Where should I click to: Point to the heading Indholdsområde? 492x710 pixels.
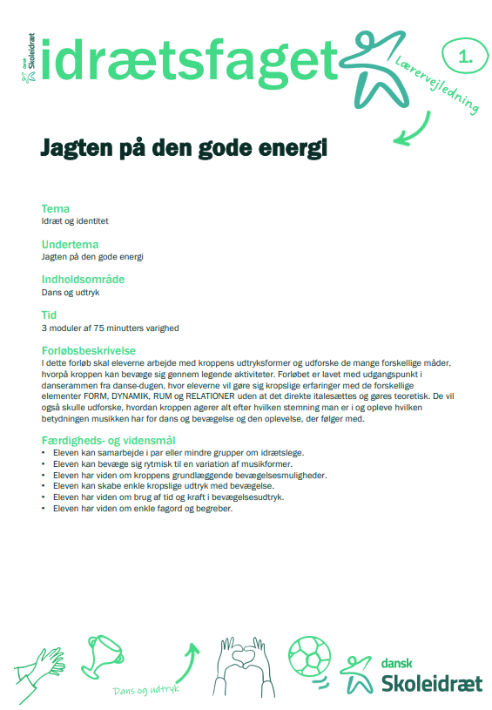click(83, 280)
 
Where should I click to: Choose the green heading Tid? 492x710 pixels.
click(50, 315)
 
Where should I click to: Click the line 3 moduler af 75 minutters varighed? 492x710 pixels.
click(110, 328)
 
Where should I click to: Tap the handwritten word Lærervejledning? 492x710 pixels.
click(438, 85)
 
